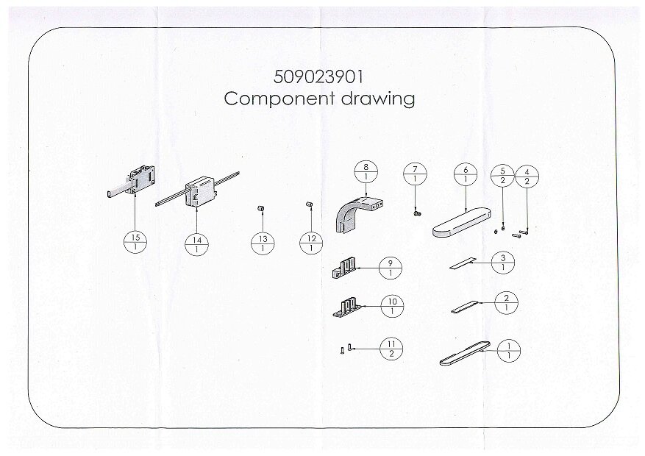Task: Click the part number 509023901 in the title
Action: [x=318, y=77]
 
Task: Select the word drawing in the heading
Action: [x=377, y=99]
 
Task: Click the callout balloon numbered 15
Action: [x=135, y=242]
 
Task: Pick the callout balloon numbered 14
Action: [x=196, y=244]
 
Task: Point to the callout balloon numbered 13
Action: [x=263, y=243]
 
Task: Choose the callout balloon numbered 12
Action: [x=311, y=243]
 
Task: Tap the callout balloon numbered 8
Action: [x=366, y=172]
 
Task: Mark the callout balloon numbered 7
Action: [x=415, y=174]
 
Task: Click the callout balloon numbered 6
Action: [x=466, y=174]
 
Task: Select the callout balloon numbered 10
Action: [x=392, y=307]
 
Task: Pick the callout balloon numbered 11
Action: [x=391, y=349]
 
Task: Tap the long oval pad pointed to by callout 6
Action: [x=462, y=222]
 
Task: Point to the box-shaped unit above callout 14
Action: [x=200, y=193]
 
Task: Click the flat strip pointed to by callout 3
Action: [x=462, y=263]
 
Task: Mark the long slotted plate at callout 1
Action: [x=465, y=353]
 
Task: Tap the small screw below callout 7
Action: [x=416, y=213]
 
